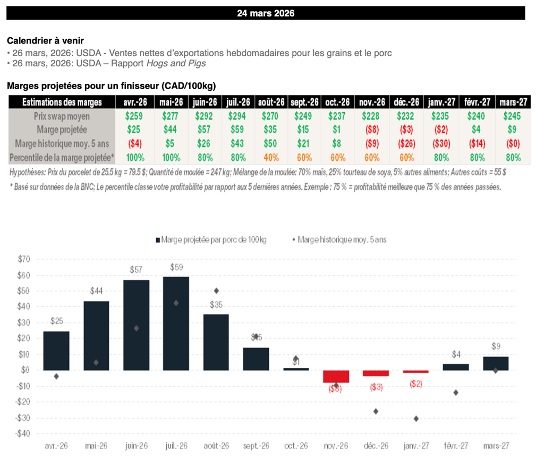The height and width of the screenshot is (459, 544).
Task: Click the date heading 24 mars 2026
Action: pos(266,13)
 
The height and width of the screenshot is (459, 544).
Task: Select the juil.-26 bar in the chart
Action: pos(176,323)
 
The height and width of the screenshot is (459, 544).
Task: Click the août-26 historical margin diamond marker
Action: pos(217,291)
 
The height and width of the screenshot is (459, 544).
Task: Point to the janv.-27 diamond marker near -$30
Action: pos(416,419)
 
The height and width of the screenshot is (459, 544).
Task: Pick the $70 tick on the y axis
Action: pos(24,259)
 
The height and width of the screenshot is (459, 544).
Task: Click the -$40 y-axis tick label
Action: pos(22,434)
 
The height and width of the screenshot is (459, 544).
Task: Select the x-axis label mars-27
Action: pos(496,446)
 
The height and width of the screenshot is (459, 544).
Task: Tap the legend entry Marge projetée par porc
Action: pos(211,240)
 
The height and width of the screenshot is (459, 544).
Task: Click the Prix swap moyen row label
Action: pos(62,116)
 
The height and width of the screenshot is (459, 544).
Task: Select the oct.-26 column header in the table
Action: pos(338,102)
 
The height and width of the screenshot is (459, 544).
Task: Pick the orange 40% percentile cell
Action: pos(271,157)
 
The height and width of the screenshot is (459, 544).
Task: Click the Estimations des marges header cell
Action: pos(62,102)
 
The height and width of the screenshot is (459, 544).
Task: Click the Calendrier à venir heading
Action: pos(45,40)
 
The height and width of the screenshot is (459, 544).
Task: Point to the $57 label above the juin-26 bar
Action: pos(137,270)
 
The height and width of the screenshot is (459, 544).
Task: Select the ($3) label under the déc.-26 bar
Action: pos(376,387)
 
